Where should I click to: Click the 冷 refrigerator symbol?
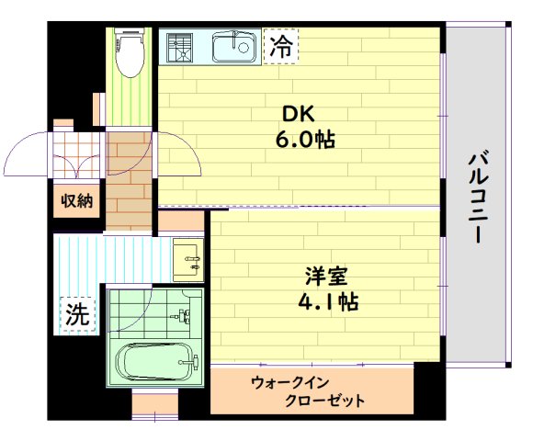click(x=280, y=47)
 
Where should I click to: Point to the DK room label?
click(x=299, y=115)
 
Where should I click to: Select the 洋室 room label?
click(x=326, y=277)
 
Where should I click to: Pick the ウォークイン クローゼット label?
click(x=311, y=391)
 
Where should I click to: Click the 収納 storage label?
click(x=76, y=201)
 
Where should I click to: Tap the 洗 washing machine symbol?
click(x=76, y=314)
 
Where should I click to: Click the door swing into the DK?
click(x=179, y=156)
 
